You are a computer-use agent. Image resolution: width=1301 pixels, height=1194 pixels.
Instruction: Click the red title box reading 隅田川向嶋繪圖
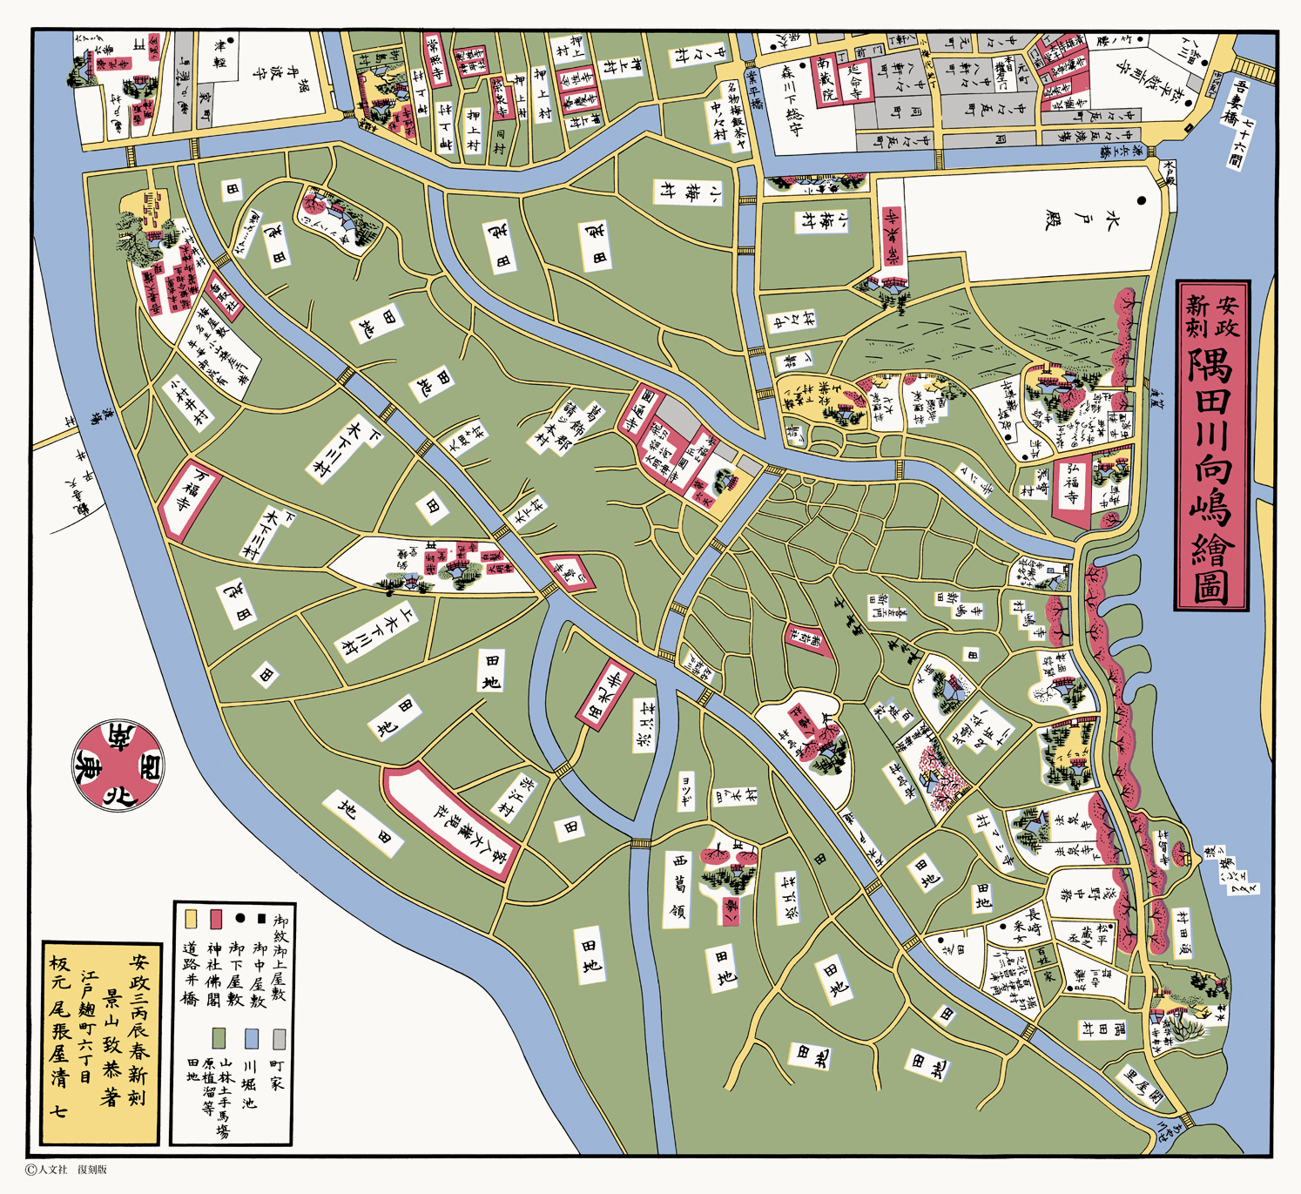point(1212,445)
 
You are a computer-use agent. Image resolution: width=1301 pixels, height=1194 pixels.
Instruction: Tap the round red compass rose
point(118,766)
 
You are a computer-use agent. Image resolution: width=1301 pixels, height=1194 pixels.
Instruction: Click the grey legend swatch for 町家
point(279,1039)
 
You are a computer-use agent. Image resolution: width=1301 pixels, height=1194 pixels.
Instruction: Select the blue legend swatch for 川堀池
point(252,1039)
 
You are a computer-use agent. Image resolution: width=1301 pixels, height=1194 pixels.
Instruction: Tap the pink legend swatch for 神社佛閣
point(216,920)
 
